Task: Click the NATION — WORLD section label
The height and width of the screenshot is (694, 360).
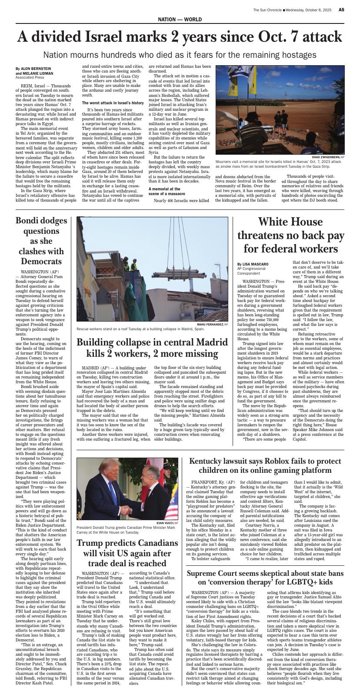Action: click(x=180, y=20)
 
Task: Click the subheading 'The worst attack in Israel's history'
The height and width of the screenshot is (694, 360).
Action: click(x=113, y=103)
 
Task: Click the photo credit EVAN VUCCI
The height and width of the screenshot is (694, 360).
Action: click(x=165, y=523)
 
